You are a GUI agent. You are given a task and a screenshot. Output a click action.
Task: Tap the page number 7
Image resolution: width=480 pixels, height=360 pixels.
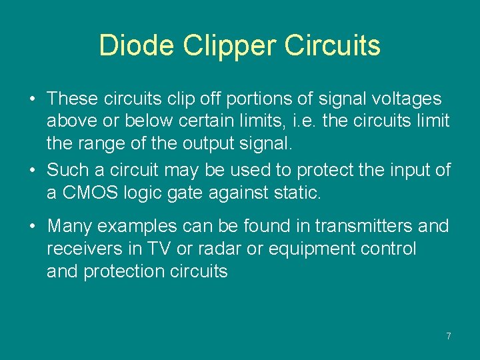pos(449,336)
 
